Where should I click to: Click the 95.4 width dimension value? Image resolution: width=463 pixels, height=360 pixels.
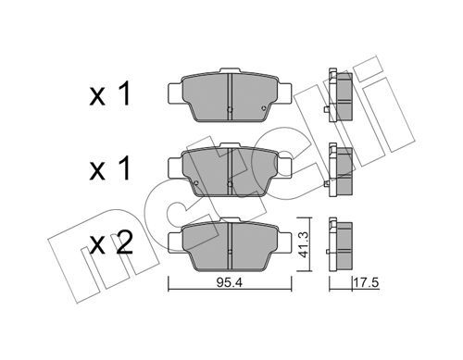pos(230,282)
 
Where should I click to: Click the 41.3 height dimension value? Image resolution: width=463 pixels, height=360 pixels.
pos(304,245)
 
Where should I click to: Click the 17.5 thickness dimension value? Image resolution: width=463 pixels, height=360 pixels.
pos(366,282)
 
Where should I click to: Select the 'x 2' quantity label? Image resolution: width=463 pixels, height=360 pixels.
pos(111,243)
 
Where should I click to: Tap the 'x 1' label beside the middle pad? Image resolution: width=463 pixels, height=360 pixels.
pos(109,169)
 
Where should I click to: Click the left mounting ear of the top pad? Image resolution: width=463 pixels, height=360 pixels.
pos(176,93)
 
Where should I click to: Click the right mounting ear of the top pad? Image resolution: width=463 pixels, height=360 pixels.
pos(284,93)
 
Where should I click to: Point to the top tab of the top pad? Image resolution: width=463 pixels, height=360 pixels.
pos(230,70)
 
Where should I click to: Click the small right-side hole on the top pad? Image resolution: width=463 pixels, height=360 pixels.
pos(263,108)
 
